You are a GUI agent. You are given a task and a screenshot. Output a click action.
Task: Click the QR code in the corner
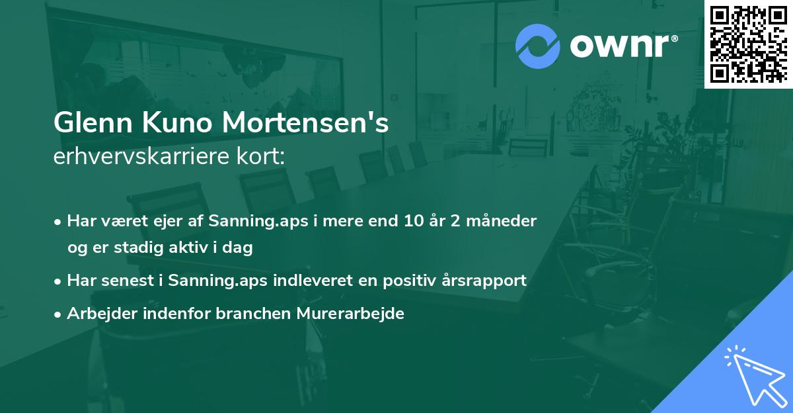coord(748,44)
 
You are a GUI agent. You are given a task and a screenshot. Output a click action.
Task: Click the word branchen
coord(245,314)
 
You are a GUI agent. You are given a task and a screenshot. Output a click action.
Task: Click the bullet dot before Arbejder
coord(58,314)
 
